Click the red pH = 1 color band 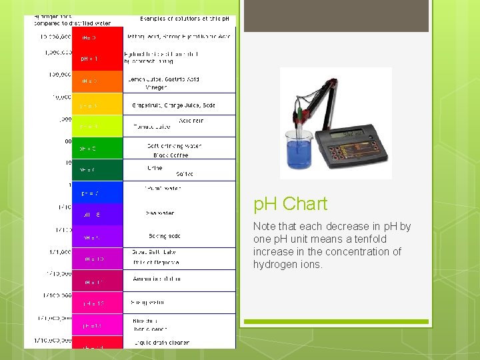97,59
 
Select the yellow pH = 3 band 97,105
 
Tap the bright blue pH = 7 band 97,193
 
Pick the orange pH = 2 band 97,81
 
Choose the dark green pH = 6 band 97,170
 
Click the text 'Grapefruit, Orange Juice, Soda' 173,105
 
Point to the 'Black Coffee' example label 171,155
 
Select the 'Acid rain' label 191,121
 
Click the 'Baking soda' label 165,236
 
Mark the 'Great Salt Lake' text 153,252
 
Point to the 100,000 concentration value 60,75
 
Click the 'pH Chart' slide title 290,204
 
